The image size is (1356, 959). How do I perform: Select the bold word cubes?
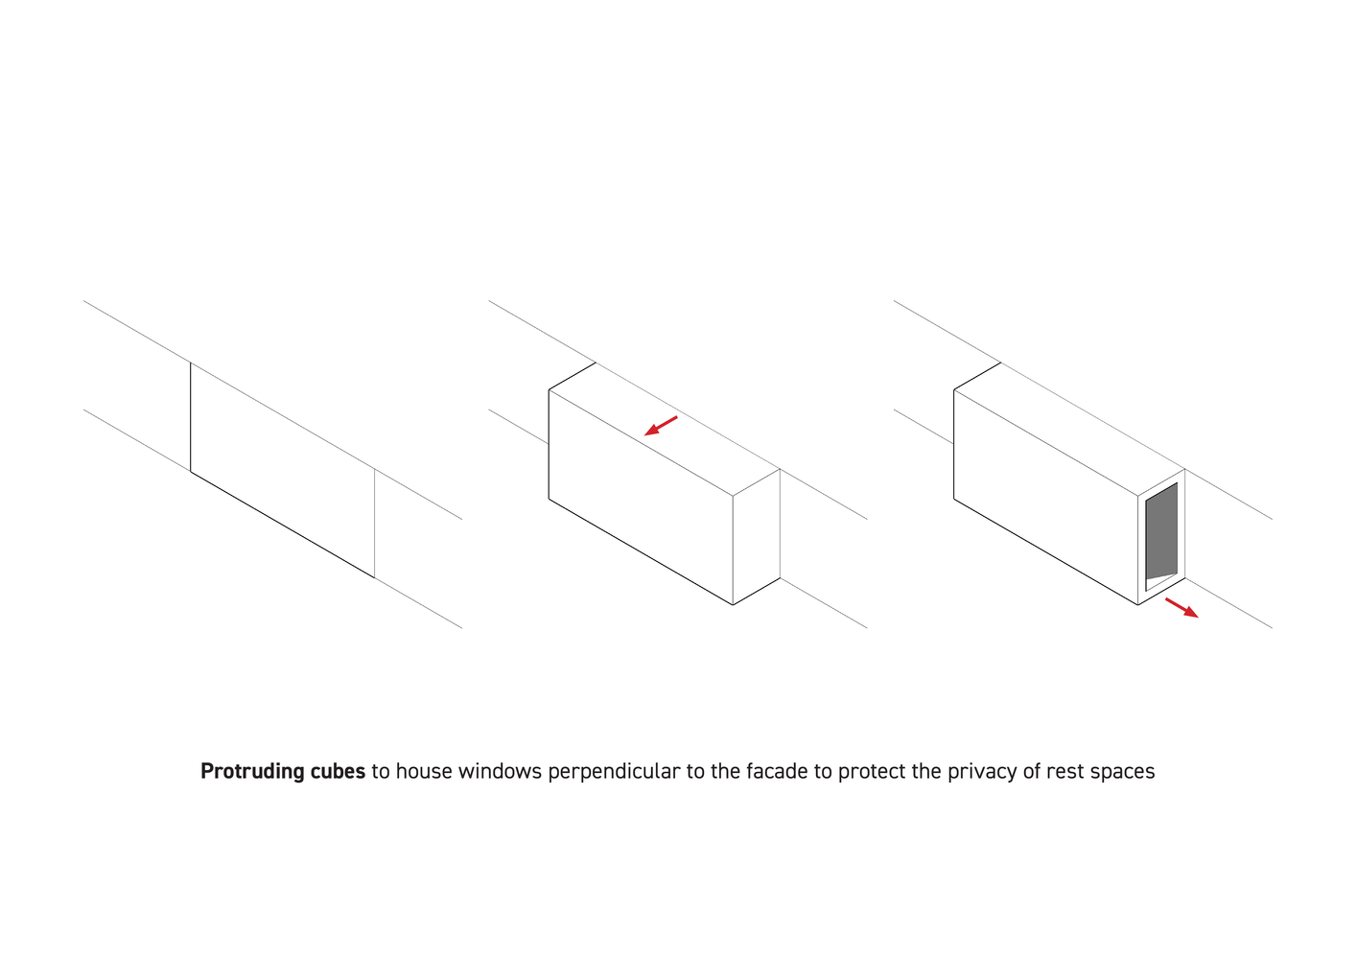click(338, 771)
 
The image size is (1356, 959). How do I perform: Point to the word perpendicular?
click(614, 772)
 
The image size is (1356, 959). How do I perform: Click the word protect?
click(872, 772)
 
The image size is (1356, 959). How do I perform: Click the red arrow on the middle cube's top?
click(661, 426)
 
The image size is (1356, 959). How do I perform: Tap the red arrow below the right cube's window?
click(1181, 608)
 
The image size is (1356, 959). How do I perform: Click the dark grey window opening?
click(1161, 533)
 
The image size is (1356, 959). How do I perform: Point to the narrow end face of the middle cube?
click(756, 536)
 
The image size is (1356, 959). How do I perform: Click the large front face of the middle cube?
click(641, 497)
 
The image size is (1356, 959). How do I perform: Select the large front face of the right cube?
click(1045, 497)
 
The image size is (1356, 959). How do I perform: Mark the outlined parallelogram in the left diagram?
click(282, 470)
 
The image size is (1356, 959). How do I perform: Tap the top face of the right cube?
click(1069, 429)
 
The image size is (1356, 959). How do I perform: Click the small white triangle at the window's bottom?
click(1158, 580)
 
